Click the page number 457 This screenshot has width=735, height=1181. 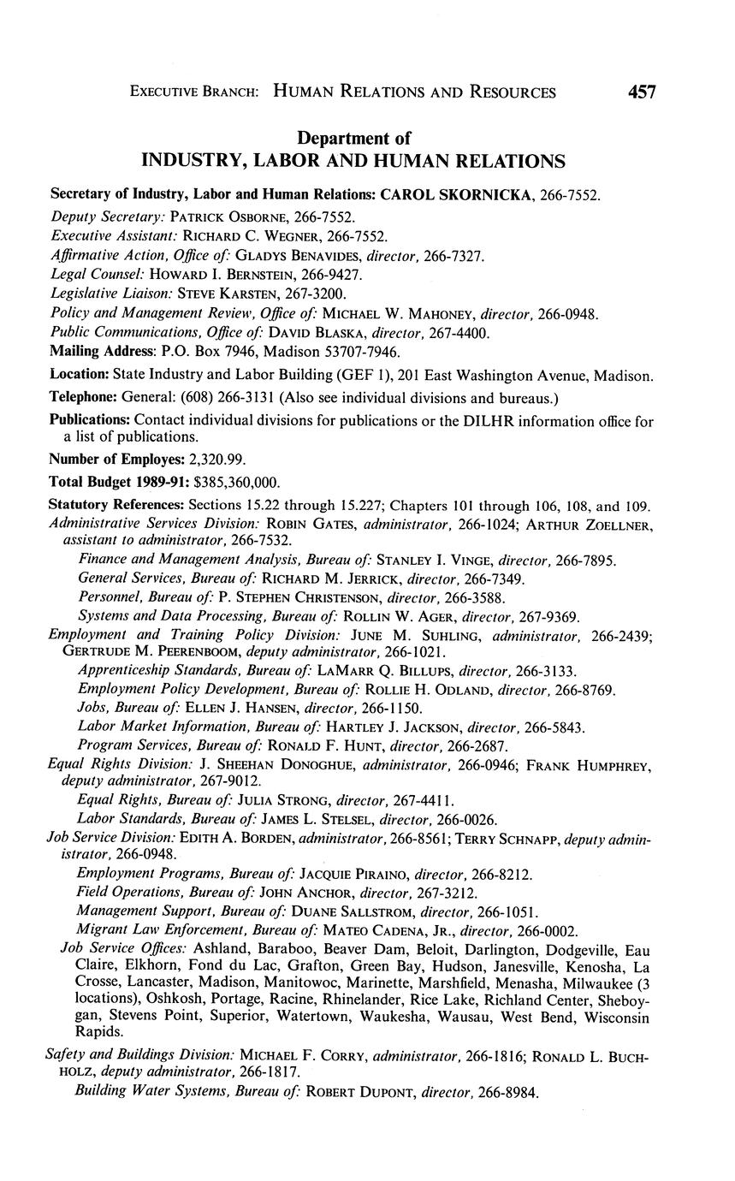[642, 92]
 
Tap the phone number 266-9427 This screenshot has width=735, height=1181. [334, 275]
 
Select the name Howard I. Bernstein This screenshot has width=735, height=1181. [222, 275]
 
